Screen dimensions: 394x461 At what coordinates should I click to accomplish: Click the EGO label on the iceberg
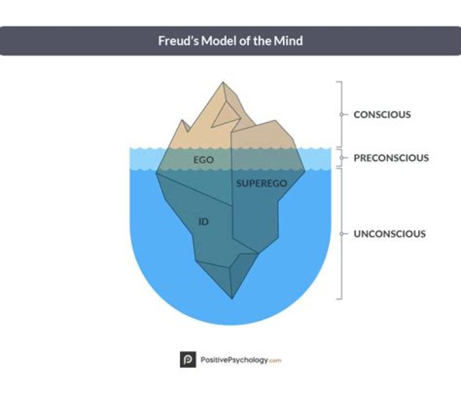click(203, 158)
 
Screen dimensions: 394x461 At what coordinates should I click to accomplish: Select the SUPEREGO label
click(261, 184)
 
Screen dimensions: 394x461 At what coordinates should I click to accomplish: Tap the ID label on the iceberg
click(204, 222)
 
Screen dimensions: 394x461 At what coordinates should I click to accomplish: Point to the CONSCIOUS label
click(382, 115)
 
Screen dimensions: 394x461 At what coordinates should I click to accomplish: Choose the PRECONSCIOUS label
click(391, 158)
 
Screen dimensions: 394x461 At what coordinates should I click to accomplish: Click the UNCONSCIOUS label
click(389, 234)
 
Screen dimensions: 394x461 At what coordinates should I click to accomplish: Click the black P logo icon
click(188, 360)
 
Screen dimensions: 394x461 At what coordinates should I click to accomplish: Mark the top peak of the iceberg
click(223, 83)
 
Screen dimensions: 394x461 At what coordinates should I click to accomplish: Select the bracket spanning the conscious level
click(340, 115)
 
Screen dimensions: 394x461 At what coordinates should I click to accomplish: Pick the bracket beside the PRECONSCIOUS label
click(340, 158)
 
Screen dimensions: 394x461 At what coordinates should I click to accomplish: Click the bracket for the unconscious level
click(340, 234)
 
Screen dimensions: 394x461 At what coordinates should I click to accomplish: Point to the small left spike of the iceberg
click(183, 121)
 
